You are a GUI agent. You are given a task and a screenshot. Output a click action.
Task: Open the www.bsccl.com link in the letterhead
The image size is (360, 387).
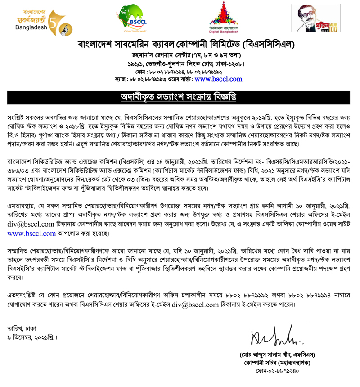(218, 79)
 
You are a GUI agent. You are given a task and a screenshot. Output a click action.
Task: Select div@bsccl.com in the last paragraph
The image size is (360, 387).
(192, 305)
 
